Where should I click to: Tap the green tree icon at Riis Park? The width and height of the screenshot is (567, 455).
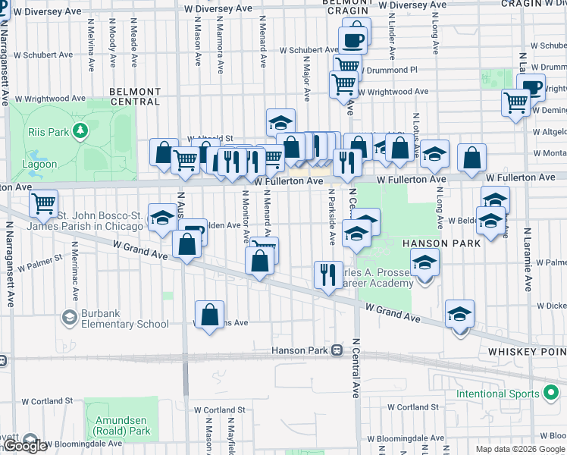[80, 131]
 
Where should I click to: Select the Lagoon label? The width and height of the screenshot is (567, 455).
[39, 164]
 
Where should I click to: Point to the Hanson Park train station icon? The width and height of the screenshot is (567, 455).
[337, 350]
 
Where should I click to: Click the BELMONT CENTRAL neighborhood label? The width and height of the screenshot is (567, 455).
[135, 96]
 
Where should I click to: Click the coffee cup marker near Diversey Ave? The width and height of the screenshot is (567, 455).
[353, 40]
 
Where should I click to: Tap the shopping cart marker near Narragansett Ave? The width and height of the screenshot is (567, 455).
[44, 203]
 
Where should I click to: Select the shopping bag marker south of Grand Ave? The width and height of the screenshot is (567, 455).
[210, 314]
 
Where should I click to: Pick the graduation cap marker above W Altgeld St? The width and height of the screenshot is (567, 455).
[280, 122]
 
